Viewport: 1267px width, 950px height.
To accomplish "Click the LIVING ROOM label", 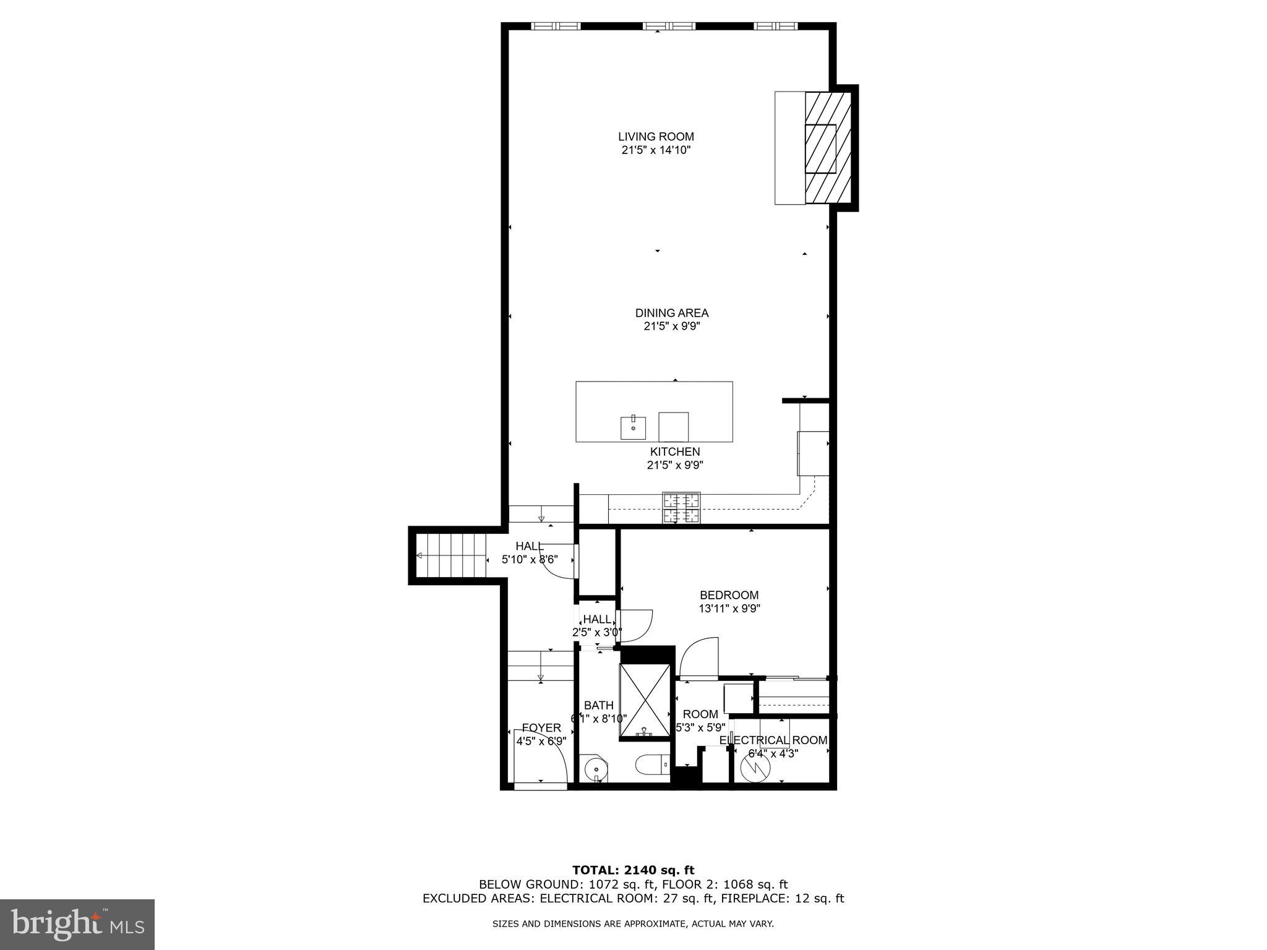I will (x=656, y=137).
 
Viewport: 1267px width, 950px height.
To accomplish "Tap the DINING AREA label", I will (x=671, y=313).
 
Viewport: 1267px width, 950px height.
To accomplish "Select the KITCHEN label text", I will (x=674, y=451).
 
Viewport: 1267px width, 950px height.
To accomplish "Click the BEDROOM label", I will (x=729, y=595).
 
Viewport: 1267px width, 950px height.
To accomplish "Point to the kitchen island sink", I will (x=633, y=427).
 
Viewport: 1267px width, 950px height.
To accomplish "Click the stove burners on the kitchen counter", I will (x=681, y=507).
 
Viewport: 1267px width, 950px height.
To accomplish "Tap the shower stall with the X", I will (x=645, y=701).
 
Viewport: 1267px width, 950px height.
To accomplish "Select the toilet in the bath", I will (x=652, y=765).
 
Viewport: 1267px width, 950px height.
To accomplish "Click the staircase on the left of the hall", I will (x=451, y=555).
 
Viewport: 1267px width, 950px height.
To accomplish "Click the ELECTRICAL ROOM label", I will (x=773, y=740).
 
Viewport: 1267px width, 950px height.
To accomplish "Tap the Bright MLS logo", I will (x=77, y=924).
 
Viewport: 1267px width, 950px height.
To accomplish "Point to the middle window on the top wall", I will (x=669, y=26).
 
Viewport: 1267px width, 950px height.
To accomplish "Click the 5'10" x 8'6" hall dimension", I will (x=529, y=559).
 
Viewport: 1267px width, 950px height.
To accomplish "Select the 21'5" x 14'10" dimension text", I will (x=656, y=150).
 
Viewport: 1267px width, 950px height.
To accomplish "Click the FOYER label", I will (x=541, y=728).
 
